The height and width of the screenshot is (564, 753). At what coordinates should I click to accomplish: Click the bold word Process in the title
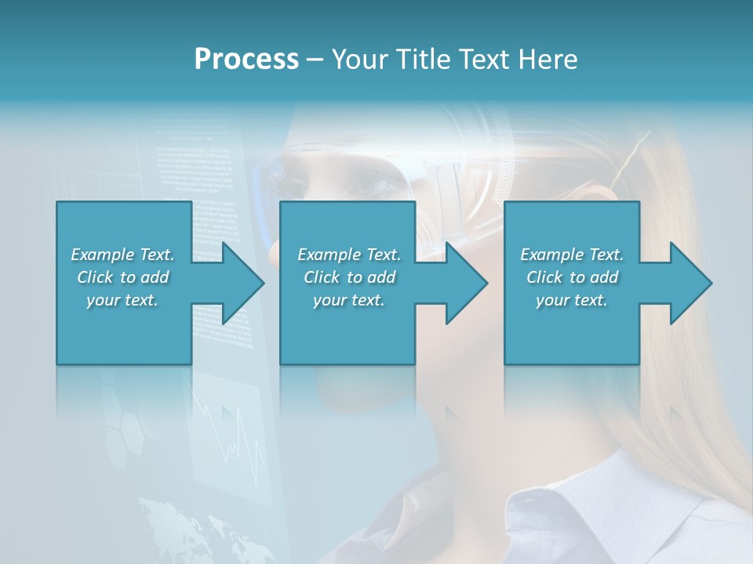click(x=246, y=60)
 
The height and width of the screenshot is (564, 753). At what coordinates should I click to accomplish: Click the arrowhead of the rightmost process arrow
click(x=689, y=283)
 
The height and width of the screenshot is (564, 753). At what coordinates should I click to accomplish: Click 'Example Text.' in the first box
click(x=122, y=255)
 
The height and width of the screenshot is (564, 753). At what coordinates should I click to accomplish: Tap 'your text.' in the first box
click(x=122, y=300)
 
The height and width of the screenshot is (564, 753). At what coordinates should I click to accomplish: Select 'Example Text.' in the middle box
click(x=349, y=255)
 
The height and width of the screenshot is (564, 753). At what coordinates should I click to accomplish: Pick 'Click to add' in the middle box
click(x=349, y=277)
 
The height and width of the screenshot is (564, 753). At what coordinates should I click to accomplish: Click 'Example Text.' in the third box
click(x=572, y=255)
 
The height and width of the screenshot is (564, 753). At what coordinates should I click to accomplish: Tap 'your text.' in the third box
click(x=572, y=300)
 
